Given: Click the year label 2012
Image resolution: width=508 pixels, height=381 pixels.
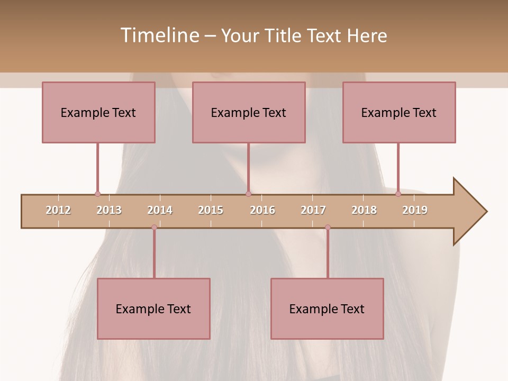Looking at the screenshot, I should pyautogui.click(x=58, y=210).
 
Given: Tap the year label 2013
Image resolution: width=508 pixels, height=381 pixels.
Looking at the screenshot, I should pyautogui.click(x=109, y=210).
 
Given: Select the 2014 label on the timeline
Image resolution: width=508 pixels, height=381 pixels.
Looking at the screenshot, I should pyautogui.click(x=160, y=210).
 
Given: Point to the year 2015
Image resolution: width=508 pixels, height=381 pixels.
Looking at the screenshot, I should pyautogui.click(x=211, y=210).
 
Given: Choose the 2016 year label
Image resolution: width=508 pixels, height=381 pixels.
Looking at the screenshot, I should pyautogui.click(x=262, y=210).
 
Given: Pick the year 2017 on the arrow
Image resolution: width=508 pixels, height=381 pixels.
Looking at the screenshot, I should pyautogui.click(x=313, y=210).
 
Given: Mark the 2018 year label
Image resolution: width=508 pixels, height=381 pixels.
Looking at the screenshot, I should pyautogui.click(x=364, y=210).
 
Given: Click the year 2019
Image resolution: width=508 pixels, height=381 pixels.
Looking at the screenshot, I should pyautogui.click(x=415, y=210).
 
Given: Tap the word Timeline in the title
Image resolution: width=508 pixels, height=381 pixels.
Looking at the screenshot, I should pyautogui.click(x=159, y=35).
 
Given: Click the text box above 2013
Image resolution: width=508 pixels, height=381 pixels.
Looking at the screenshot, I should pyautogui.click(x=98, y=112).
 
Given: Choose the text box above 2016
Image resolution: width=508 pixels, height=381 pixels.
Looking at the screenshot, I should pyautogui.click(x=249, y=112).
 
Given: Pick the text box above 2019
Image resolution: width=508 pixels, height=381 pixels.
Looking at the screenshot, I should pyautogui.click(x=399, y=112).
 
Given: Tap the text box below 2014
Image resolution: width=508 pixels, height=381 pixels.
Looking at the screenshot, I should pyautogui.click(x=153, y=309).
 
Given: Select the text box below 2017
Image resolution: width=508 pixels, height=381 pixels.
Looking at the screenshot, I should pyautogui.click(x=327, y=309).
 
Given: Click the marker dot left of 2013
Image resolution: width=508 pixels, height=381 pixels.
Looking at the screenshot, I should pyautogui.click(x=97, y=194).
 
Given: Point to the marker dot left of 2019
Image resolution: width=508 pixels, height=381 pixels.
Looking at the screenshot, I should pyautogui.click(x=398, y=194).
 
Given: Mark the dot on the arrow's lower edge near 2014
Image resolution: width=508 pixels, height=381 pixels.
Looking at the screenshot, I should pyautogui.click(x=154, y=228).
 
